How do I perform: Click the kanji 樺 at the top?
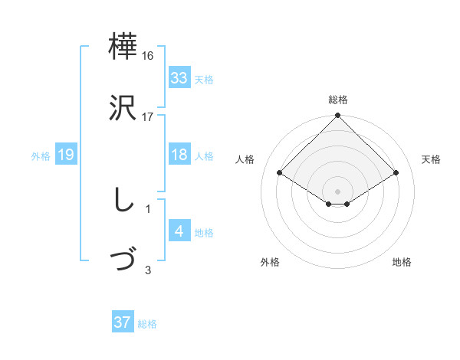pos(123,48)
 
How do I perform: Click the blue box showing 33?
pos(179,78)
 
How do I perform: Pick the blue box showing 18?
pos(179,155)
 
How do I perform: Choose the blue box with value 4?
pos(179,231)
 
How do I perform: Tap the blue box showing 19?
pos(66,155)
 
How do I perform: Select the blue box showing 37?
pos(123,322)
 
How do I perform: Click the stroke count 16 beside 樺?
pos(148,56)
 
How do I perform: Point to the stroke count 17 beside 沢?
pos(148,116)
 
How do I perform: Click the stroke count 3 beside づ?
pos(148,270)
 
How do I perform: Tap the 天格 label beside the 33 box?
pos(203,79)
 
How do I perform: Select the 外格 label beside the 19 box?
pos(41,155)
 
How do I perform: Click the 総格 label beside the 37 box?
pos(147,324)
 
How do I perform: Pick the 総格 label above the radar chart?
pos(337,100)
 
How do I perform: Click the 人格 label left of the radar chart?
pos(245,159)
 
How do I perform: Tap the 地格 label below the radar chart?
pos(402,262)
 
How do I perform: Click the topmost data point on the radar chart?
pos(337,116)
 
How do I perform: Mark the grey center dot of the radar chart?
pos(337,191)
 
